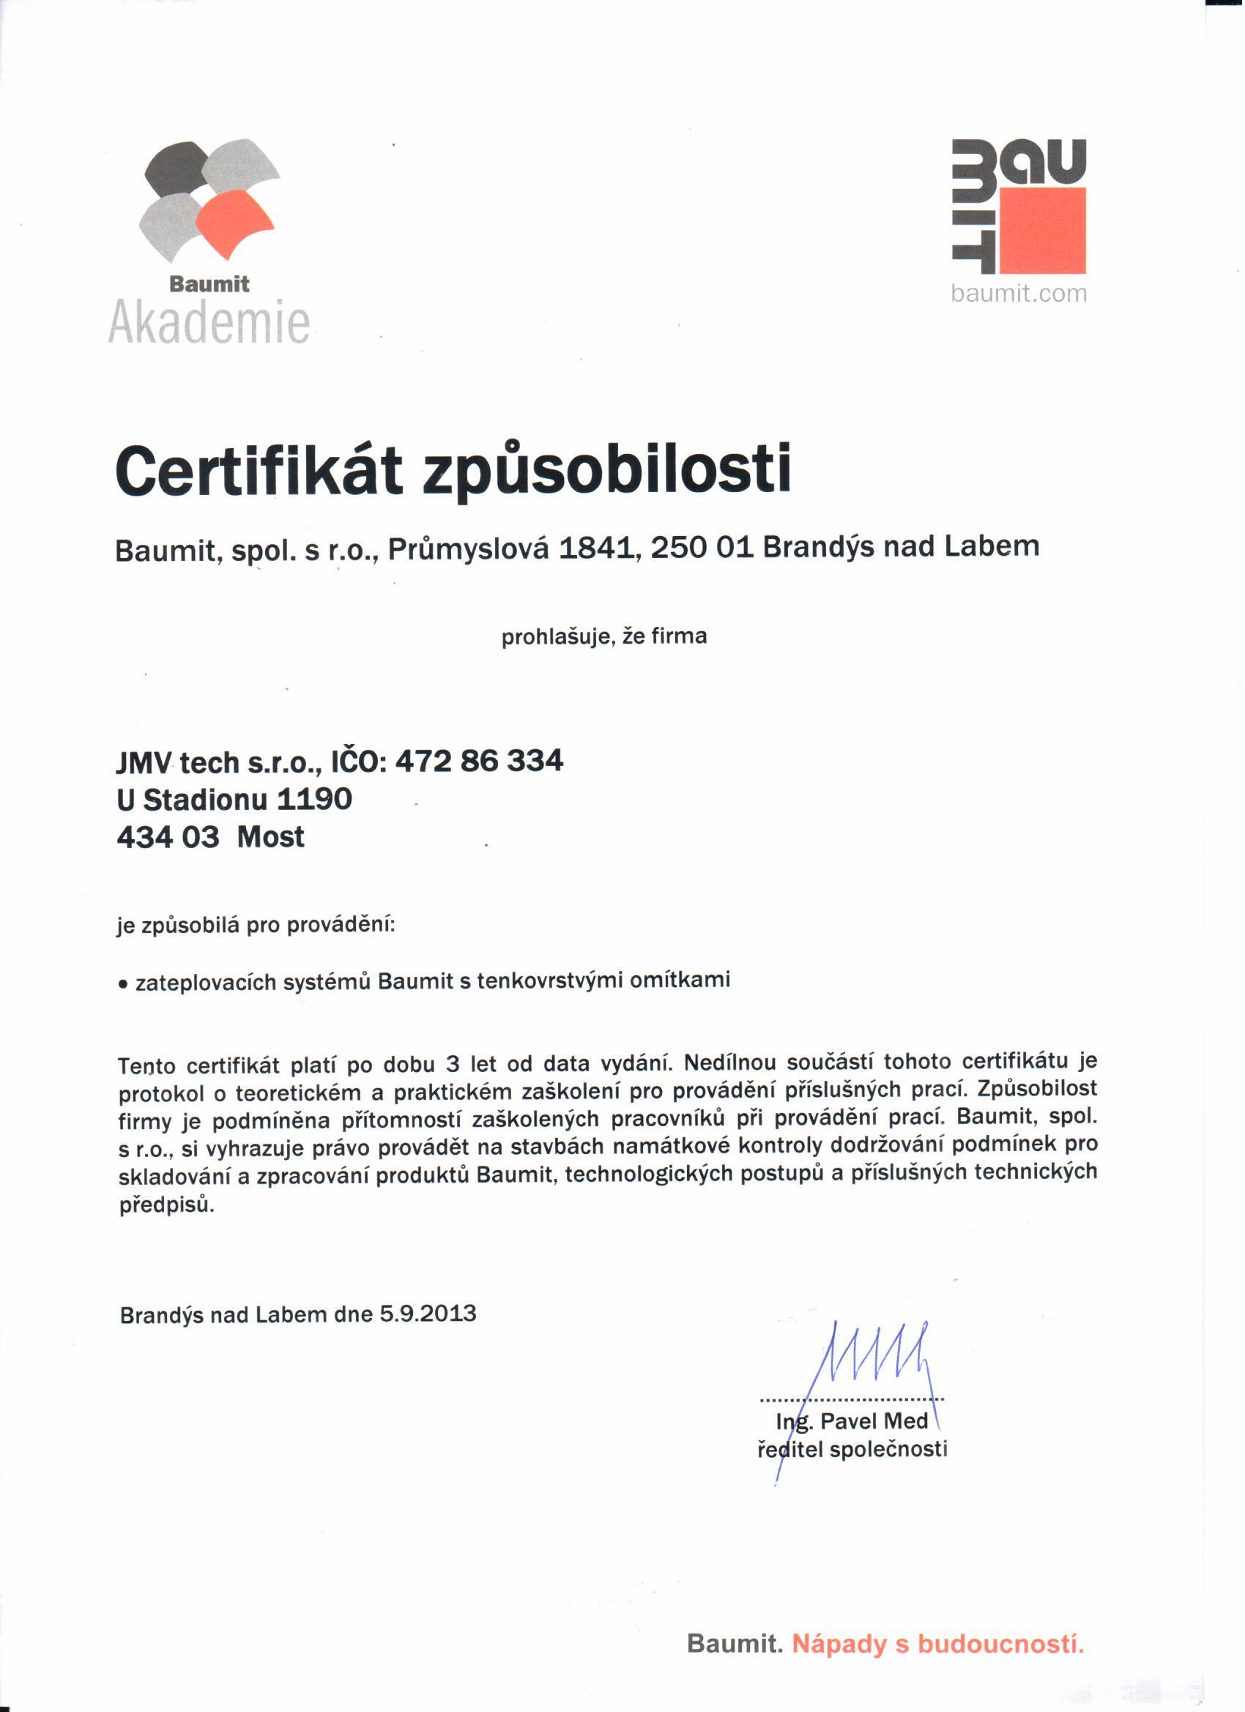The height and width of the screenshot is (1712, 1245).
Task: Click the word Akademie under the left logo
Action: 209,323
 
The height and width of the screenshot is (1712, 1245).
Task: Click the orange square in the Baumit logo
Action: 1043,230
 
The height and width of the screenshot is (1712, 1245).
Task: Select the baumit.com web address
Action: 1019,294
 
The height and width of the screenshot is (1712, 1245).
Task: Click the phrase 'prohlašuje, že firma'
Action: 604,636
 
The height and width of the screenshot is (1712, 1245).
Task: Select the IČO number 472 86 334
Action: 480,760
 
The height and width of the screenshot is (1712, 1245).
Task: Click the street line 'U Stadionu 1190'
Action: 234,800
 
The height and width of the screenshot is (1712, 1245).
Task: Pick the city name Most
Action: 270,837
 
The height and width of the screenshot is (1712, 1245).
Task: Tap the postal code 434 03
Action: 168,837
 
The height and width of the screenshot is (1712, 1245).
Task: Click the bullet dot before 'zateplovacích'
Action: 122,985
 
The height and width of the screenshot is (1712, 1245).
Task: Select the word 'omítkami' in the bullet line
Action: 680,980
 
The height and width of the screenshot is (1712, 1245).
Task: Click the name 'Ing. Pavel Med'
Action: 852,1421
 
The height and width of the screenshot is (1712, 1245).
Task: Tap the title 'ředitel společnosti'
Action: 852,1449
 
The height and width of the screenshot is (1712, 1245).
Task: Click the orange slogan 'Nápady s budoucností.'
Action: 937,1644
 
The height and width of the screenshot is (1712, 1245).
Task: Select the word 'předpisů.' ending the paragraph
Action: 167,1205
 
